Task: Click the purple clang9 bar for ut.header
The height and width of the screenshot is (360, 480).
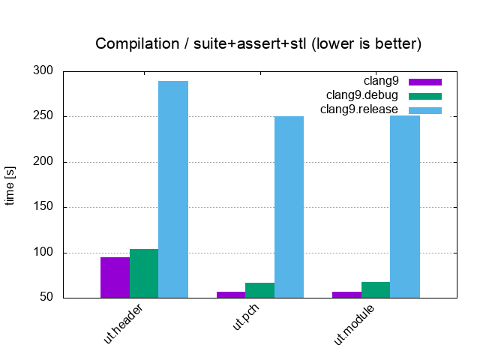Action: [115, 277]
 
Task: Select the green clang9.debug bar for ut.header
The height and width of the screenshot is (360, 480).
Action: [144, 273]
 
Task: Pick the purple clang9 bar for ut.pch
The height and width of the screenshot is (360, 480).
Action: [231, 294]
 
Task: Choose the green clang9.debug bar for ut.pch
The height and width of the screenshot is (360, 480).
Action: [260, 290]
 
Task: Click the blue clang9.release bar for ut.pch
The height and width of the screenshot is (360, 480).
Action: [289, 206]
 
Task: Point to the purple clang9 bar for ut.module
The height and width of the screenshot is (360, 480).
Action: [346, 294]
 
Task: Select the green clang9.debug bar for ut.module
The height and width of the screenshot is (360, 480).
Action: [376, 289]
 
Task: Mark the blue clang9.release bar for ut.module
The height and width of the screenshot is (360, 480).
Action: [405, 206]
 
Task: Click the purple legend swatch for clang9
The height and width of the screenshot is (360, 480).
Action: [425, 81]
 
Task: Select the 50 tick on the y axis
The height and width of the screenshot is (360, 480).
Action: [46, 298]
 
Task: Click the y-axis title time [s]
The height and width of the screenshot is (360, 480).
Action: [10, 184]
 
